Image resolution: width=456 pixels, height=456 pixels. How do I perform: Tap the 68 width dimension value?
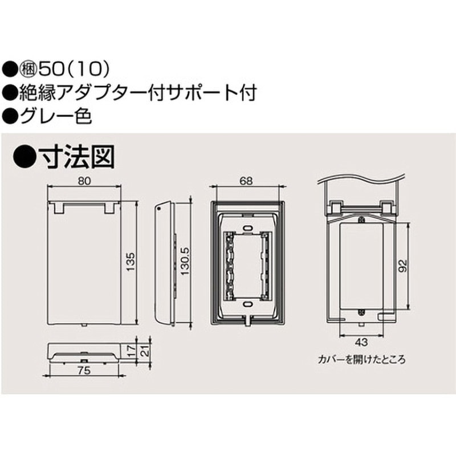[x=246, y=181]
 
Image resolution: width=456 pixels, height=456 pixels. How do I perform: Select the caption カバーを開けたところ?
[x=364, y=361]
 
